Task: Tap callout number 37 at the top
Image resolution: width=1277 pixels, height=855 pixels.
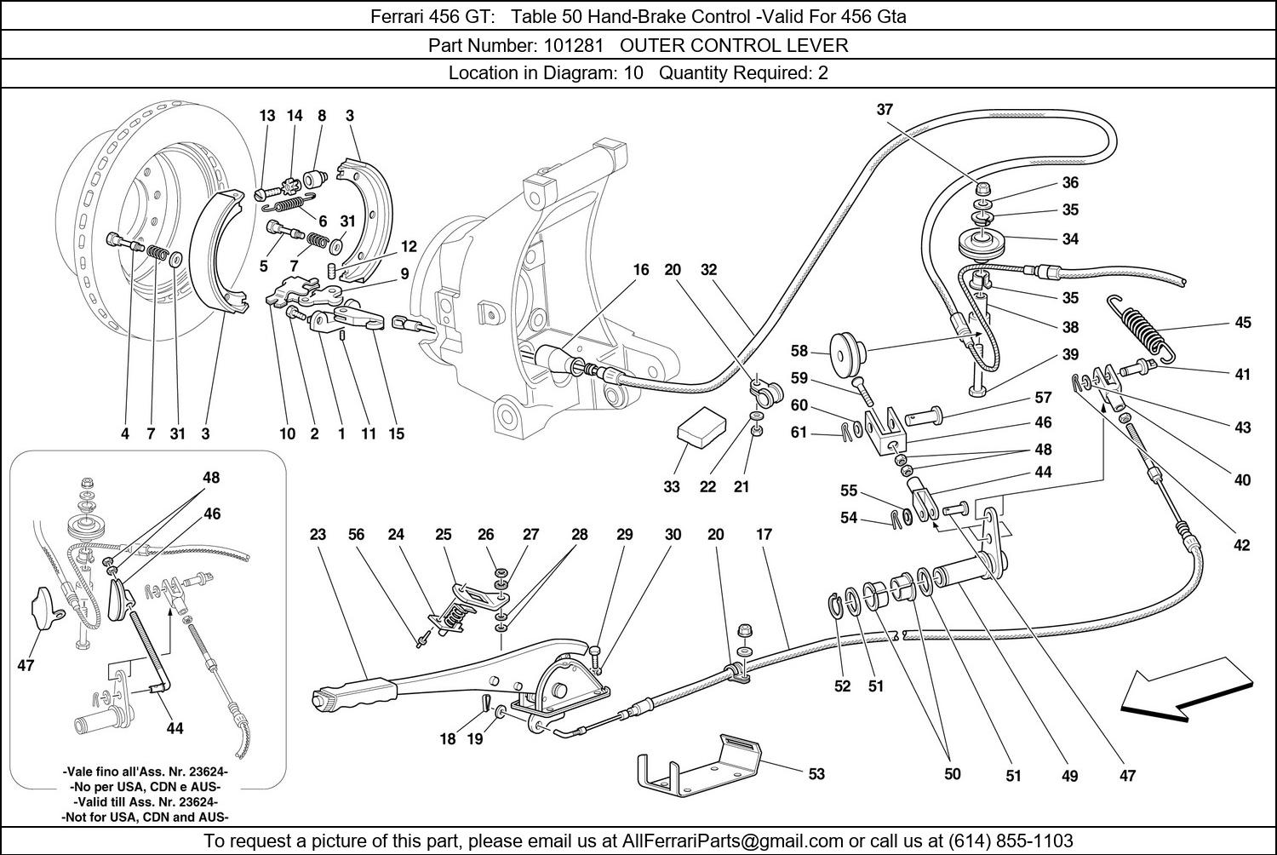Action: [x=885, y=110]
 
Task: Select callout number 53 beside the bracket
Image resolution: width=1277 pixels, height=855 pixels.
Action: [x=816, y=774]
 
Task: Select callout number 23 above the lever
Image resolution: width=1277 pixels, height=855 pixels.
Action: [x=318, y=535]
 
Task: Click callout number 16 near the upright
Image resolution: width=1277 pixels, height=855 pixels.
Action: [x=640, y=270]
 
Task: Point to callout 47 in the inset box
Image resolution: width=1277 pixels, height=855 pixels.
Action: [x=26, y=665]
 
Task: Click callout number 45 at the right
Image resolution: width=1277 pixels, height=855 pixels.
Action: [x=1242, y=323]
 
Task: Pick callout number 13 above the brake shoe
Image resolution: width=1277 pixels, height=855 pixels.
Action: [x=267, y=116]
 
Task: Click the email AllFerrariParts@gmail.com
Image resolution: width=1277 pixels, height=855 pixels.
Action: [x=733, y=841]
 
